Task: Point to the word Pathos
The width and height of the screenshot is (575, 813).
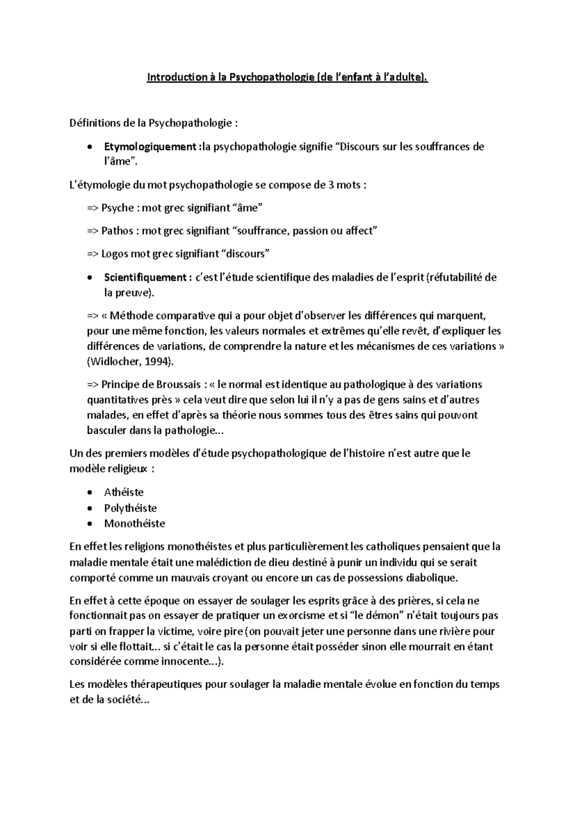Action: point(117,231)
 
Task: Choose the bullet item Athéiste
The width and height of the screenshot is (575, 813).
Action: point(124,492)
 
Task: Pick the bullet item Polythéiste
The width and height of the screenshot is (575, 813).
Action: point(130,508)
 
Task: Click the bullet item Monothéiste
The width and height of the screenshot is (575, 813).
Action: point(134,523)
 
